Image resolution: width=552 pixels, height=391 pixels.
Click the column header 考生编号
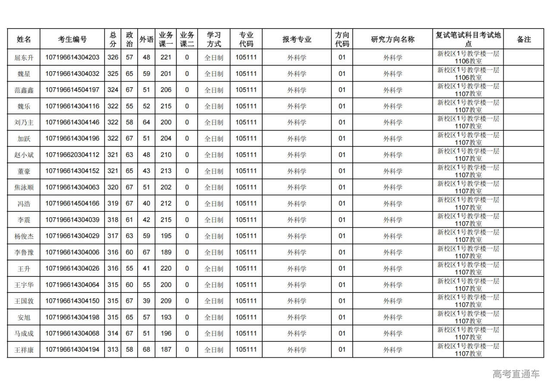(x=72, y=39)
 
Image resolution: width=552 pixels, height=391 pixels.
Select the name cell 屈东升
(x=24, y=57)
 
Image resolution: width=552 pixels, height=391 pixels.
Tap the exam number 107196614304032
(x=72, y=74)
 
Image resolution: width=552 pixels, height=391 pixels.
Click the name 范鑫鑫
(x=24, y=90)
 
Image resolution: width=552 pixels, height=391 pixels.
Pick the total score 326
(x=113, y=57)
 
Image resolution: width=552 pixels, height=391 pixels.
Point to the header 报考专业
(x=297, y=39)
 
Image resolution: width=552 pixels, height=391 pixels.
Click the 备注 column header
(x=524, y=39)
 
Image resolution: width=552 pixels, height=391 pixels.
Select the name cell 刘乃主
(x=24, y=122)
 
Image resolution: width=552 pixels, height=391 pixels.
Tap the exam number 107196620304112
(x=72, y=155)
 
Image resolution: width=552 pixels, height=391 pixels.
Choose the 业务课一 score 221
(x=166, y=57)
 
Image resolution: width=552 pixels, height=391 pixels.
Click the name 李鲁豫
(x=24, y=252)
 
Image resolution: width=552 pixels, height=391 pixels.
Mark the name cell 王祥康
(x=24, y=350)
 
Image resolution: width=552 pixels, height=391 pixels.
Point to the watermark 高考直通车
(x=516, y=374)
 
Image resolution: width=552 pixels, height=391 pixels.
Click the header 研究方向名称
(x=392, y=39)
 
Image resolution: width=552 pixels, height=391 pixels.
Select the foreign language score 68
(x=147, y=350)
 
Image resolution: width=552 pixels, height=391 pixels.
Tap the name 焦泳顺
(x=24, y=188)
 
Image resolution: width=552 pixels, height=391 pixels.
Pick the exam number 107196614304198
(x=72, y=317)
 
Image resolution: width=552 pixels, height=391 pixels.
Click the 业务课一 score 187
(x=166, y=350)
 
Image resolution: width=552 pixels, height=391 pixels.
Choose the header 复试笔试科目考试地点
(x=468, y=39)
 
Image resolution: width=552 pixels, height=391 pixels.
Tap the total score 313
(x=113, y=350)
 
